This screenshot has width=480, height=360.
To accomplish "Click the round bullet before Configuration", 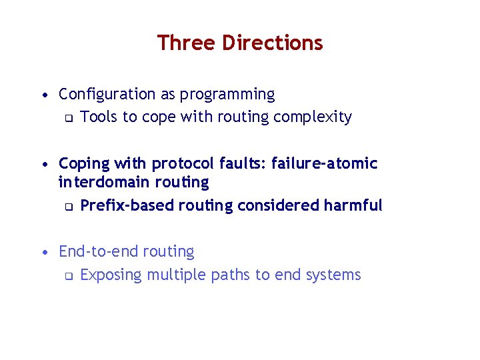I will click(44, 95).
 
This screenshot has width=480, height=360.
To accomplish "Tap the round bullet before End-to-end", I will click(44, 252).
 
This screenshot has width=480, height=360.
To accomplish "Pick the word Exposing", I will click(111, 275).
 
